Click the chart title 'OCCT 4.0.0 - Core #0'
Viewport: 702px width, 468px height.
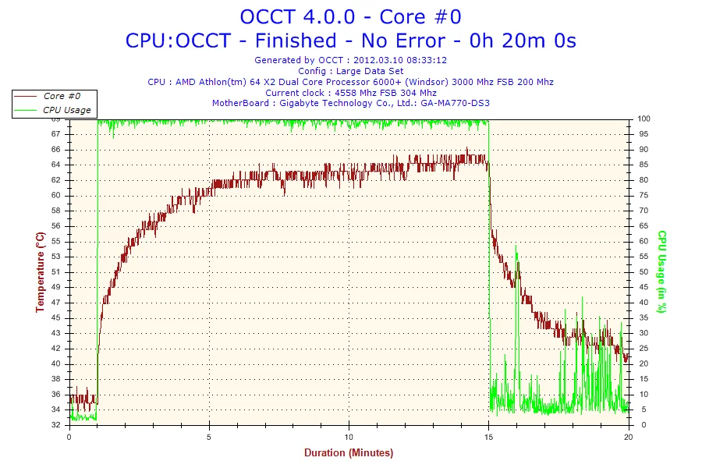(x=350, y=16)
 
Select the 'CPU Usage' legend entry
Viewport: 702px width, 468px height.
(x=66, y=110)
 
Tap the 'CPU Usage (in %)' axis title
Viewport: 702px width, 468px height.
(x=661, y=271)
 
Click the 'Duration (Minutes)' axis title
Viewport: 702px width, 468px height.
(x=349, y=452)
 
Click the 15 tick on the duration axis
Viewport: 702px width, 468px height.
(x=489, y=437)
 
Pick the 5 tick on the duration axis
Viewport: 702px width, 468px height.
(x=209, y=437)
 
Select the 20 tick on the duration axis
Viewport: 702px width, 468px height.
(x=629, y=437)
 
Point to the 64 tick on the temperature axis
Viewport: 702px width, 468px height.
(x=56, y=165)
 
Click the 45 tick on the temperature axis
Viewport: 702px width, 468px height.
(x=56, y=317)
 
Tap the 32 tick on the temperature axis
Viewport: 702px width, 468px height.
(x=56, y=425)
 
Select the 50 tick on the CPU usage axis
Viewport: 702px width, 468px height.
(x=642, y=272)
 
